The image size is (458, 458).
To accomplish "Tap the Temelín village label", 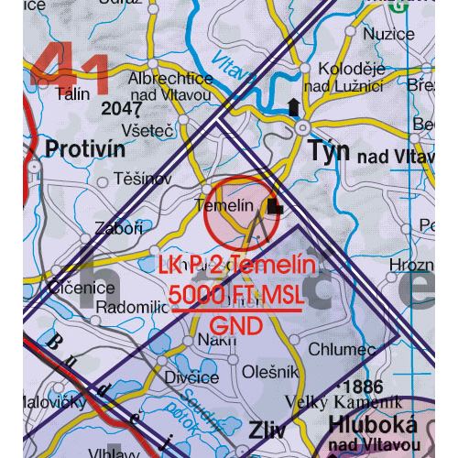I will point(224,206).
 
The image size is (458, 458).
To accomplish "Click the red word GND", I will point(236,325).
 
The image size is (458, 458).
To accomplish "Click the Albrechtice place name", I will point(169,79).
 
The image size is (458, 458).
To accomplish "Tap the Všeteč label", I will point(151,131).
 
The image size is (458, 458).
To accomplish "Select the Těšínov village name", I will point(140,180).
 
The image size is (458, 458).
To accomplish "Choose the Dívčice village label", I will point(192,377).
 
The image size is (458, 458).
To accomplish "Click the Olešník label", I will point(271,371).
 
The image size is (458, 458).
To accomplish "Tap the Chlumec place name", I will point(343,351).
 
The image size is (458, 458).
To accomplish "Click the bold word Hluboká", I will point(373,425).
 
